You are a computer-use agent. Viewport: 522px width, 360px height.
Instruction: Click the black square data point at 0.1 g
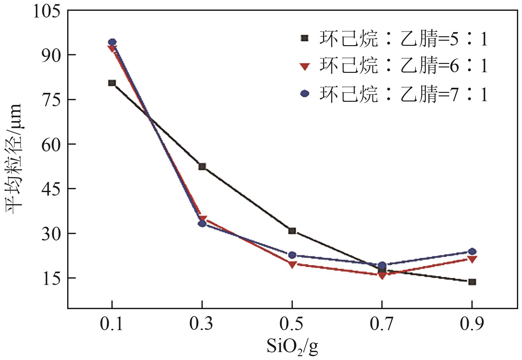click(112, 83)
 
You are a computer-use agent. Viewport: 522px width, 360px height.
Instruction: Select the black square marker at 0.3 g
click(202, 166)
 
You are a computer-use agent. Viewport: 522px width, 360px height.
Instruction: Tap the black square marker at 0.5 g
click(292, 231)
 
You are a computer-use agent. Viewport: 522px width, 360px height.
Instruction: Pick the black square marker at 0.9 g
click(472, 282)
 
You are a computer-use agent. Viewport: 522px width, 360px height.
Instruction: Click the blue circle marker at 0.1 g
click(112, 42)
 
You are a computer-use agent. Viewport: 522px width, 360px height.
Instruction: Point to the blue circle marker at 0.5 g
click(292, 255)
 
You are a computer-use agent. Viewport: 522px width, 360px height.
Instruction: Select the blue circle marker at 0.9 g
click(472, 252)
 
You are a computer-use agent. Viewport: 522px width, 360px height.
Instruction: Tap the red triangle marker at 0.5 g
click(292, 265)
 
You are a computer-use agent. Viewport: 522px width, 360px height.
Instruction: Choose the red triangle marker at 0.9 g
click(472, 260)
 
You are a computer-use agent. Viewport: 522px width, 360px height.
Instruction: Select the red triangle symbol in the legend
click(305, 66)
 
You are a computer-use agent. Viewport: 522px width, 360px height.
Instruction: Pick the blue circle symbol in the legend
click(305, 93)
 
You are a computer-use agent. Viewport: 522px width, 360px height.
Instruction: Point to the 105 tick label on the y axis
click(46, 12)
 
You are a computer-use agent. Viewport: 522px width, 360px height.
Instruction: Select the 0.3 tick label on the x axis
click(201, 324)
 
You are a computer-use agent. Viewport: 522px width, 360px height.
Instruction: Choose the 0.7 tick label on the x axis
click(382, 324)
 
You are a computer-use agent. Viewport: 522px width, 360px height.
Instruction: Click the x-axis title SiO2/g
click(292, 347)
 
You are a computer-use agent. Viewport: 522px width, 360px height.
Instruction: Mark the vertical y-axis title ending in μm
click(14, 159)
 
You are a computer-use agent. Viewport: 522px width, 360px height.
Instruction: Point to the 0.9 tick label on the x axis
click(472, 324)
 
